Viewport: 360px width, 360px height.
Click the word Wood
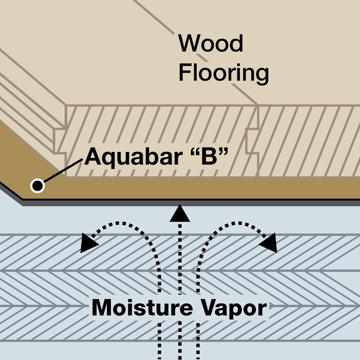click(x=211, y=44)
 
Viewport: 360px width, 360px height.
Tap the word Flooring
click(x=224, y=73)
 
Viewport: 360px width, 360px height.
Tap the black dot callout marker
click(x=37, y=186)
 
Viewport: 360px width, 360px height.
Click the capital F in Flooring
click(x=185, y=73)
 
